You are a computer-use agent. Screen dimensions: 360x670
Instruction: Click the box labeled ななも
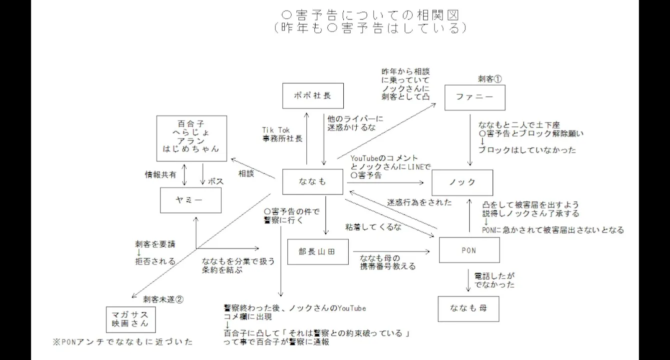313,182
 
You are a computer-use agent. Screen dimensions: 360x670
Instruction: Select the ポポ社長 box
313,96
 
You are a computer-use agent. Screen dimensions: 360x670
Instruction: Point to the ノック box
462,182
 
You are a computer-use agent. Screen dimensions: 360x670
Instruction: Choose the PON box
469,250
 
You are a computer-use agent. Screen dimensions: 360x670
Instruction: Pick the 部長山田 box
318,252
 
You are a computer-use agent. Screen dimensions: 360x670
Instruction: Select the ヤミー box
191,200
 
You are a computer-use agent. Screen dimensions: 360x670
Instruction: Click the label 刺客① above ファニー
490,78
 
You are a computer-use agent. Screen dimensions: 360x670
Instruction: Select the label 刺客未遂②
164,299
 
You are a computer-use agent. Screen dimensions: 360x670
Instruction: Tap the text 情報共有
161,174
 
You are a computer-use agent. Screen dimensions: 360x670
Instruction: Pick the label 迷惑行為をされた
420,202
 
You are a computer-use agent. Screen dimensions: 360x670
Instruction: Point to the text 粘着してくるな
373,227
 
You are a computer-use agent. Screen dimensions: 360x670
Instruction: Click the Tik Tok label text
276,130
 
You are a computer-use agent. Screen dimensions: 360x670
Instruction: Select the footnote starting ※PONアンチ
123,342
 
